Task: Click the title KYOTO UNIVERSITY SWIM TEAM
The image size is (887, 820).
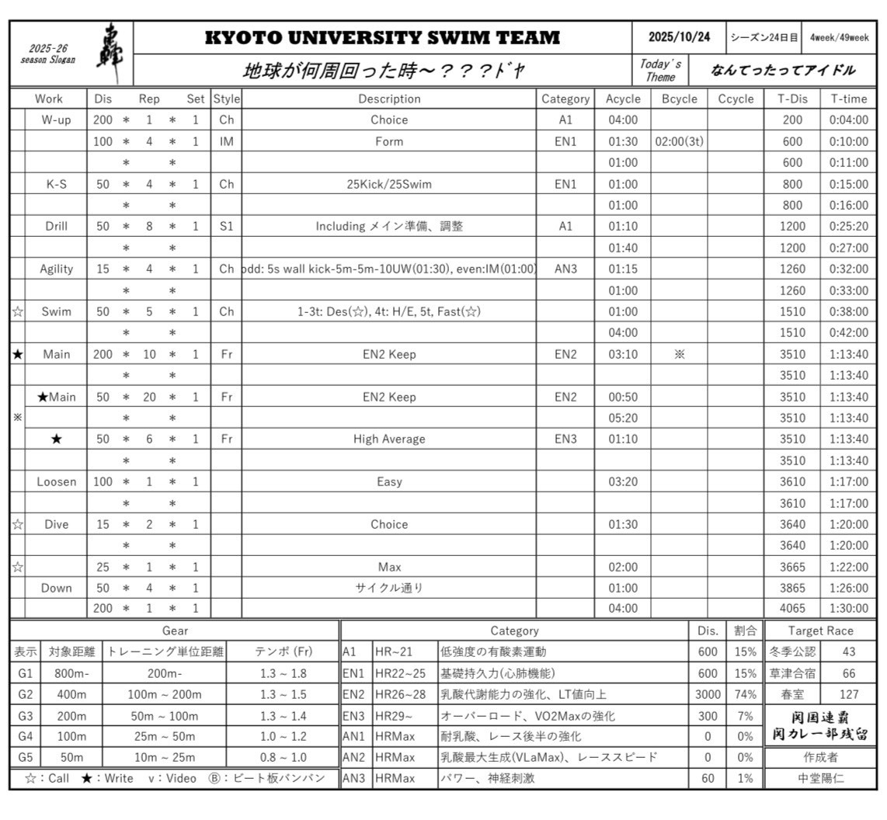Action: click(382, 37)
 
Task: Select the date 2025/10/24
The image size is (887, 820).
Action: click(679, 37)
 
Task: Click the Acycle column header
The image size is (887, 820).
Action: click(623, 99)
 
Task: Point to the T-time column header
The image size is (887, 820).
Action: click(848, 99)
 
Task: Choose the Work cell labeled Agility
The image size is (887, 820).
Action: click(57, 269)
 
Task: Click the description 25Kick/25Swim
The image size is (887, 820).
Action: click(389, 184)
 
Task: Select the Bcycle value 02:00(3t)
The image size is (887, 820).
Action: click(679, 141)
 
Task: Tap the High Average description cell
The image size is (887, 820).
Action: click(389, 439)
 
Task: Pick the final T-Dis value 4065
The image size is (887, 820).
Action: click(792, 608)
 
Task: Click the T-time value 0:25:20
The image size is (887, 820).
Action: click(848, 226)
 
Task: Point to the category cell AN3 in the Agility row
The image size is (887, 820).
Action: click(565, 269)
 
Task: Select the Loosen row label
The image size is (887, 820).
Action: click(57, 481)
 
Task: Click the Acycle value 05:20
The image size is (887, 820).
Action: click(623, 418)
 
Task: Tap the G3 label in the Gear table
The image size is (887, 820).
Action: click(25, 715)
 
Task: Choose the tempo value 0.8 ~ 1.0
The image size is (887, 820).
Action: click(283, 757)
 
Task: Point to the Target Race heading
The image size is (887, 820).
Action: click(820, 631)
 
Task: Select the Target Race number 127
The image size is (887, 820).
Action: click(848, 694)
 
